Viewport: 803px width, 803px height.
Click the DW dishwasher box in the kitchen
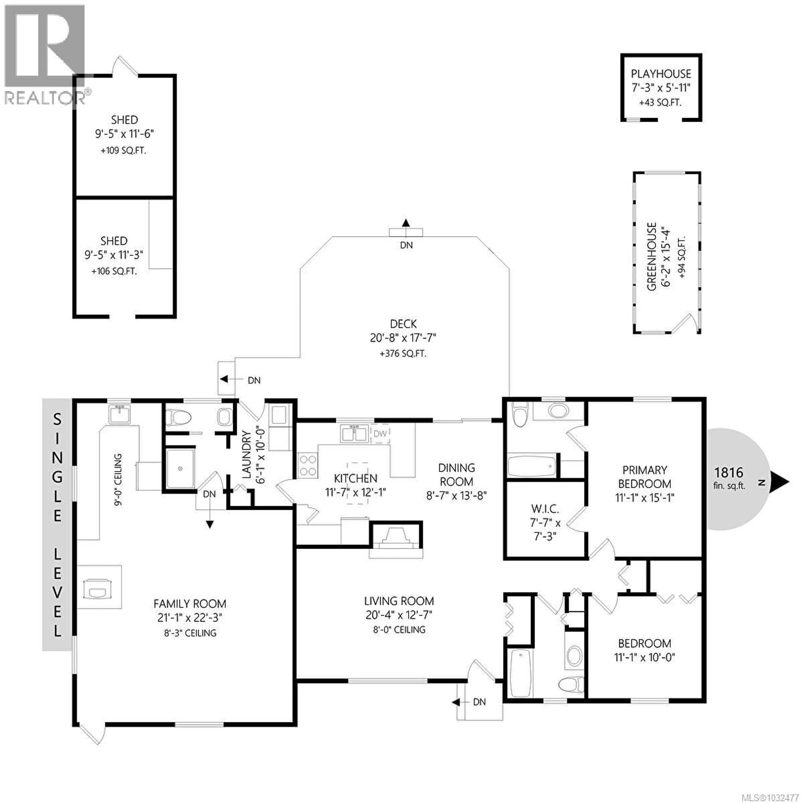(380, 433)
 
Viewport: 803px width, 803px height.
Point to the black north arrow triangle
(783, 482)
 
